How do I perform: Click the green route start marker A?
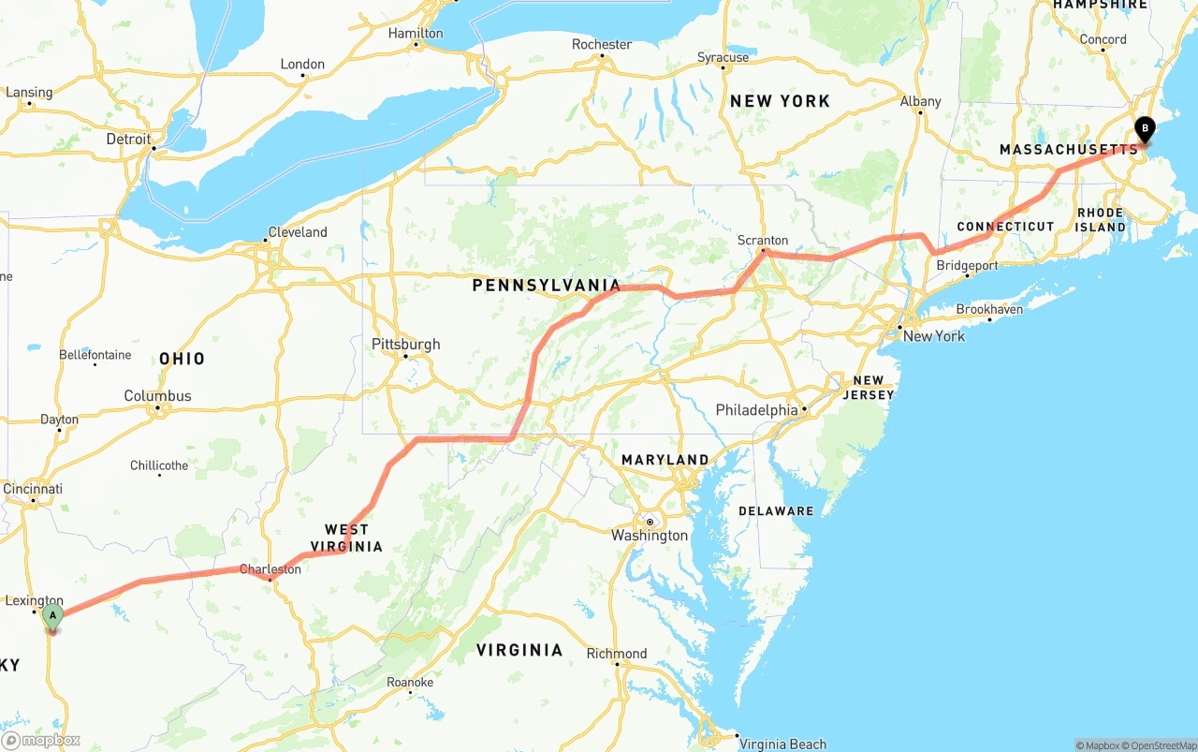[53, 616]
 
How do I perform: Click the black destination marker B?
[1144, 129]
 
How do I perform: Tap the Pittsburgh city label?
[405, 344]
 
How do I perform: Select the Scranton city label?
[763, 240]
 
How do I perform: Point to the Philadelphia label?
[756, 409]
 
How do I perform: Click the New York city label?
[933, 335]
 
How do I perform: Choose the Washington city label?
[650, 536]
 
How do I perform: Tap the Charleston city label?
[270, 568]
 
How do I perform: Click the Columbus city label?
[157, 395]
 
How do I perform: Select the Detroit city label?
[128, 139]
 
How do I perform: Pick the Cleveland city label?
[298, 231]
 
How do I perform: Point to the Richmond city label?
[616, 653]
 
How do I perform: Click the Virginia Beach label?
[782, 745]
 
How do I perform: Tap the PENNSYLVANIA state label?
[547, 285]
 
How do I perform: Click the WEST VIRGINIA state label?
[353, 538]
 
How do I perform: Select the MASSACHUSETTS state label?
[1069, 150]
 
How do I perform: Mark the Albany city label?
[920, 101]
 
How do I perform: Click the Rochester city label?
[602, 44]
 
